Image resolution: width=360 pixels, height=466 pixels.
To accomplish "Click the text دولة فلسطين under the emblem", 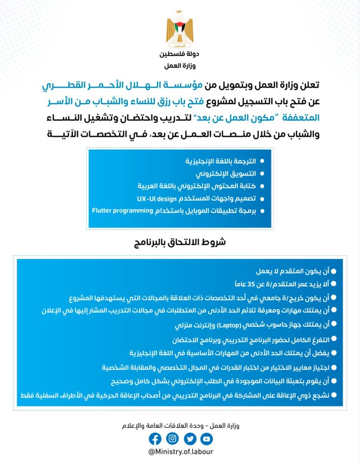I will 180,54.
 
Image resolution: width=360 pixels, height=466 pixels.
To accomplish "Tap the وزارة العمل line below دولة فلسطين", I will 180,66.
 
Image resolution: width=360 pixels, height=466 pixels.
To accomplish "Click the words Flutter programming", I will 122,211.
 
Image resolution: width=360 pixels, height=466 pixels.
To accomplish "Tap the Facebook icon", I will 155,439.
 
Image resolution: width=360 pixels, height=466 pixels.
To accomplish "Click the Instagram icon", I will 172,439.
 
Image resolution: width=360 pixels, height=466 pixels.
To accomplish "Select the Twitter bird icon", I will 190,439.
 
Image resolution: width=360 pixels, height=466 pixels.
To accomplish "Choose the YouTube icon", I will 207,439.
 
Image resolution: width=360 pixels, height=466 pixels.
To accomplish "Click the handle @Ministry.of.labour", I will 181,452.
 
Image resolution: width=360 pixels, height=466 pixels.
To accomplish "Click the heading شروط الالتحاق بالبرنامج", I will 180,243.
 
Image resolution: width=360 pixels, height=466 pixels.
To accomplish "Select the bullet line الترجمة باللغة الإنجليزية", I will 221,162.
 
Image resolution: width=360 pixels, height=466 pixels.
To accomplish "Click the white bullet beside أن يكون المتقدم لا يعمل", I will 334,271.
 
